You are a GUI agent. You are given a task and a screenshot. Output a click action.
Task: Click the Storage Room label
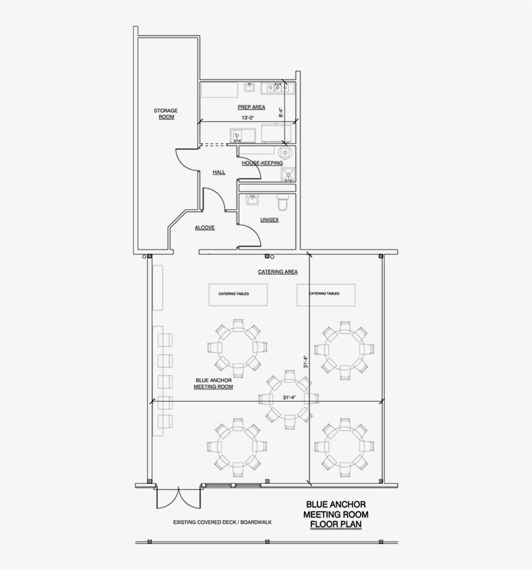[x=165, y=114]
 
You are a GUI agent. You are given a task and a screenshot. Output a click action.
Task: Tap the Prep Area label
[x=251, y=107]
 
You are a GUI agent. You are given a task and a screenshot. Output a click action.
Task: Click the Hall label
[x=219, y=172]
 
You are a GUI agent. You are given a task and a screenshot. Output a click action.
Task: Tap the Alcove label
[x=204, y=228]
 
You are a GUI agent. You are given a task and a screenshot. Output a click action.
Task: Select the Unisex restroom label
[x=269, y=220]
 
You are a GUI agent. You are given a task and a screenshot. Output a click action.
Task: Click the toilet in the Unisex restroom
[x=284, y=202]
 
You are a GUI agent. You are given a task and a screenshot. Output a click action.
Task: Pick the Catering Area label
[x=278, y=272]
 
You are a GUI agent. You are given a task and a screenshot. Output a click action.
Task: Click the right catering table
[x=326, y=294]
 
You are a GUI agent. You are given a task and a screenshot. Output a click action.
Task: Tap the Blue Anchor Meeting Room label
[x=213, y=383]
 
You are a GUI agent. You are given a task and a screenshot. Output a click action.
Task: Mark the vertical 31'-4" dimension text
[x=304, y=361]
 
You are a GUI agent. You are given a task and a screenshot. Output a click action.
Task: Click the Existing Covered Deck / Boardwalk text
[x=214, y=522]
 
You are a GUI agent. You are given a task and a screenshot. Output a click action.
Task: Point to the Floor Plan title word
[x=336, y=524]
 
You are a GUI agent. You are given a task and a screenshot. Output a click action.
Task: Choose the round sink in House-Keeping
[x=287, y=154]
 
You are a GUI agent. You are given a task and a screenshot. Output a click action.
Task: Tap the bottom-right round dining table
[x=344, y=447]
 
